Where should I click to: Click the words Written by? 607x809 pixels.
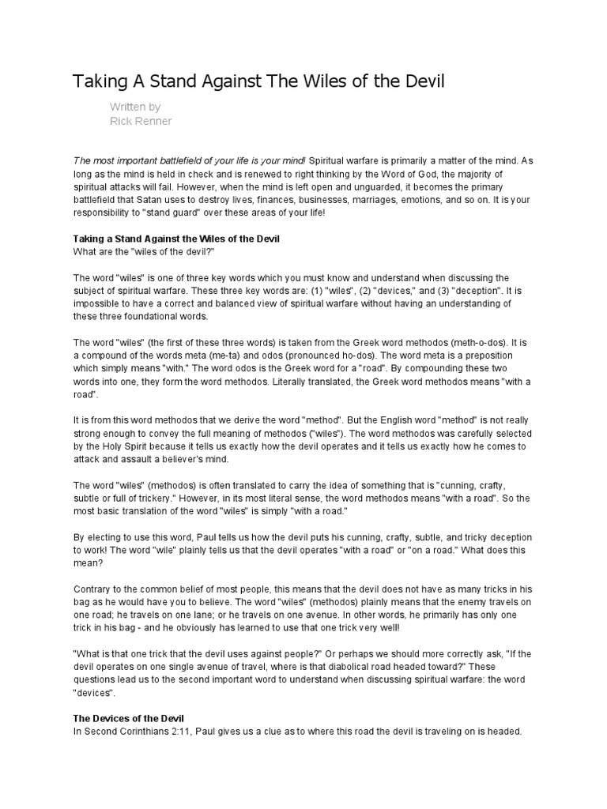coord(136,106)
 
